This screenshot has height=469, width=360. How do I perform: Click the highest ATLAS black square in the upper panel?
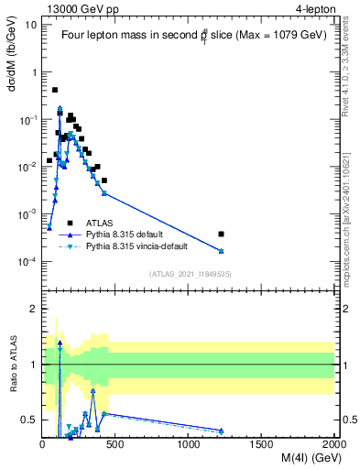point(55,90)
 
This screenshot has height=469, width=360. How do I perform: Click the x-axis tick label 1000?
point(189,442)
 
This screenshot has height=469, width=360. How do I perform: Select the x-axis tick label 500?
point(115,442)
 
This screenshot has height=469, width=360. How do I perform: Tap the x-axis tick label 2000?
point(333,442)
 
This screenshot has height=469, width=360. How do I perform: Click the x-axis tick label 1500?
point(262,442)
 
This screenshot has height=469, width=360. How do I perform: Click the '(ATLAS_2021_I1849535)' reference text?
point(189,273)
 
